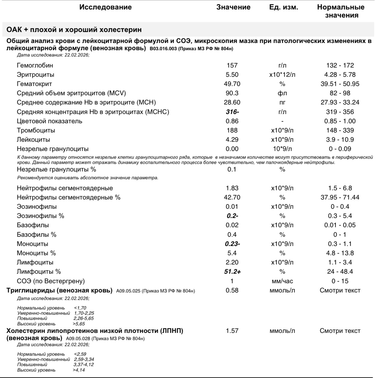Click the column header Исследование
click(x=105, y=7)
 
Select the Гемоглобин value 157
click(x=232, y=65)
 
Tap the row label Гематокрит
click(x=34, y=84)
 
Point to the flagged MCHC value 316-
click(x=232, y=112)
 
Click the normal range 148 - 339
click(x=340, y=130)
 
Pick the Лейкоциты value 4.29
click(x=232, y=139)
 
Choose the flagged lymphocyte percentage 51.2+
click(x=232, y=271)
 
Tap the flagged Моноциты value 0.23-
click(x=232, y=244)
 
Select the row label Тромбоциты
click(x=36, y=130)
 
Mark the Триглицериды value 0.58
click(x=232, y=290)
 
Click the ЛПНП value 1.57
click(x=232, y=331)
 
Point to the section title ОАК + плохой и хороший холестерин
click(x=74, y=30)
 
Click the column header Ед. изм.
click(x=283, y=7)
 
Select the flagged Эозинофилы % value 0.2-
click(x=232, y=216)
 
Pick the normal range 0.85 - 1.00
click(x=340, y=121)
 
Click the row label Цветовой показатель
click(x=49, y=121)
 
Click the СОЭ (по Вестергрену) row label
click(x=51, y=281)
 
